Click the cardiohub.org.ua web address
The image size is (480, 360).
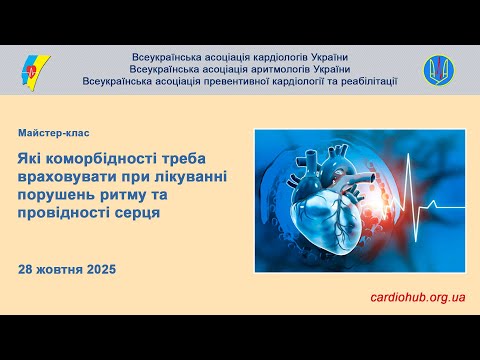418,297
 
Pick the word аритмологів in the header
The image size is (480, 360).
270,69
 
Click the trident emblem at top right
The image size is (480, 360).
438,69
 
